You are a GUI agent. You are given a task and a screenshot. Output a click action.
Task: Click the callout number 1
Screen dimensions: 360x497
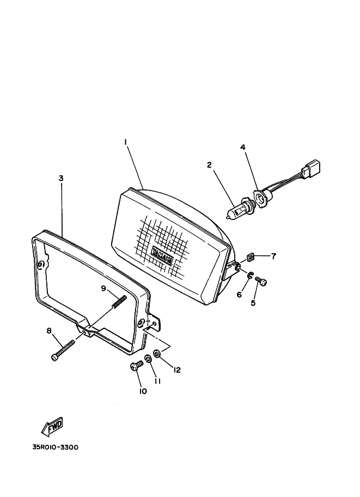click(x=126, y=142)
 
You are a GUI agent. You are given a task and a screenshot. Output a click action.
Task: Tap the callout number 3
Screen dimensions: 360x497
click(x=61, y=178)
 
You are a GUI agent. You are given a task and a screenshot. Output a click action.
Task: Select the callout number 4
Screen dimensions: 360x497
click(x=243, y=148)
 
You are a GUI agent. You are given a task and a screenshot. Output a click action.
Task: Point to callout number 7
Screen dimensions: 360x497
click(x=273, y=256)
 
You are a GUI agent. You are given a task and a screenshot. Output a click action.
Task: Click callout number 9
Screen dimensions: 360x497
click(x=103, y=289)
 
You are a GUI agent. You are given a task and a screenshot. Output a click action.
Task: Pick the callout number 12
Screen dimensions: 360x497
click(x=176, y=370)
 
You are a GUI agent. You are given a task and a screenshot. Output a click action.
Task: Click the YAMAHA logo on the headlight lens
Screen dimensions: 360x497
click(x=162, y=255)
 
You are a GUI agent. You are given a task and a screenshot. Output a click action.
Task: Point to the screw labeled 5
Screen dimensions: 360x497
click(x=261, y=281)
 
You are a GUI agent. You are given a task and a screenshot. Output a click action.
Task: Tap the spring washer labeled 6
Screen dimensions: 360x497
click(x=250, y=275)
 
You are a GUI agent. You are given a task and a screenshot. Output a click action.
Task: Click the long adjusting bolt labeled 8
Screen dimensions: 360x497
click(x=63, y=350)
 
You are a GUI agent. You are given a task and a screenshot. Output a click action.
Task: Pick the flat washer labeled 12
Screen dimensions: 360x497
click(x=157, y=353)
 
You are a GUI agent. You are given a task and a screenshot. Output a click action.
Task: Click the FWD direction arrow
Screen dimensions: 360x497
click(x=53, y=426)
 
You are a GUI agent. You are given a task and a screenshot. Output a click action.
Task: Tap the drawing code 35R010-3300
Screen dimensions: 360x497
click(x=55, y=447)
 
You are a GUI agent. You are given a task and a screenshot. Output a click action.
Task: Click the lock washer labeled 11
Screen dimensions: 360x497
click(x=148, y=359)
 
